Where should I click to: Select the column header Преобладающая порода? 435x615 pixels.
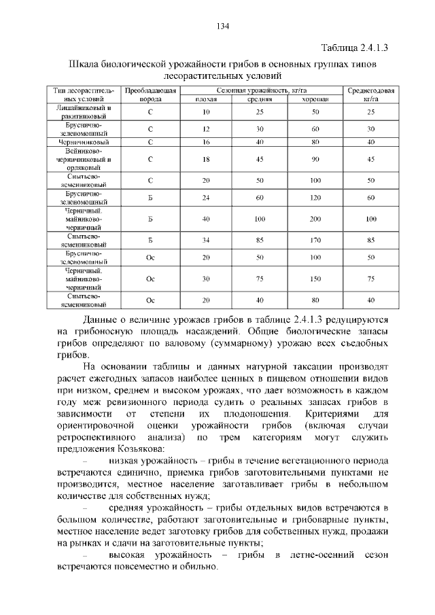[x=151, y=94]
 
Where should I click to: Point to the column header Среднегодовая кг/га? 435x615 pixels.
[x=370, y=94]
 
